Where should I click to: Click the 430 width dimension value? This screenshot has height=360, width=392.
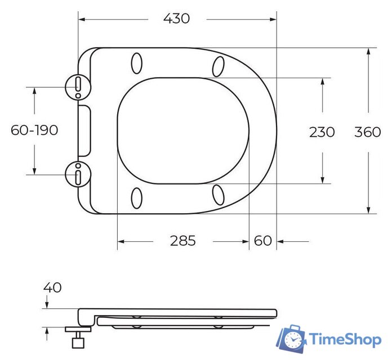coord(176,19)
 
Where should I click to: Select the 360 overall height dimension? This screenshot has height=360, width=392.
coord(368,132)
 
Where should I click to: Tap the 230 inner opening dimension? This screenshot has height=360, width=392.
coord(322,132)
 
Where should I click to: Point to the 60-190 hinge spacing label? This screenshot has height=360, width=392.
coord(34,130)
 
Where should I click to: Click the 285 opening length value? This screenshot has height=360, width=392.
coord(183,241)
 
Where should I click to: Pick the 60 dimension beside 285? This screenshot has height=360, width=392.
coord(262,241)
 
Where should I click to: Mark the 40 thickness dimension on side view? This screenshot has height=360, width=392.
coord(52,287)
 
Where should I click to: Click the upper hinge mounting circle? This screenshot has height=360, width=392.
coord(77,86)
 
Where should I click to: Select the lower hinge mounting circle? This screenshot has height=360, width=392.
coord(77,174)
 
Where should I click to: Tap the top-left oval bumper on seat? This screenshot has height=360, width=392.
coord(136,63)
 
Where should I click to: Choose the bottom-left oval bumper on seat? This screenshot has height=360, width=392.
coord(136,198)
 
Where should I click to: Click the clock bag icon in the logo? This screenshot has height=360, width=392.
coord(292,337)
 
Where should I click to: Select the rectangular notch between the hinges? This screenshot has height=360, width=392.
coord(84,130)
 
